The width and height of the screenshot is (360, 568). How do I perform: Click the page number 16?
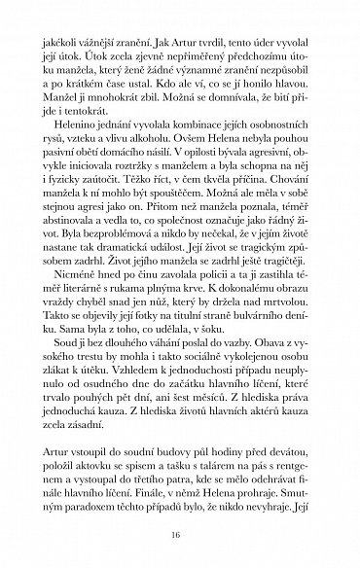click(180, 533)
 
